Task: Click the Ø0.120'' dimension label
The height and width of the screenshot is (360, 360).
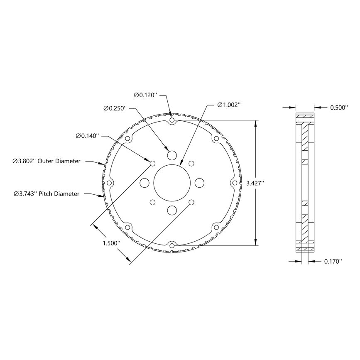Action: (x=145, y=95)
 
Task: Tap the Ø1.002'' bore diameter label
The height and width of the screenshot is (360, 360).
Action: (x=229, y=105)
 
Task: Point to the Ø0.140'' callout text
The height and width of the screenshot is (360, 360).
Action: (x=87, y=136)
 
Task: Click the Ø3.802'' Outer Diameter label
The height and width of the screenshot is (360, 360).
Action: (x=47, y=161)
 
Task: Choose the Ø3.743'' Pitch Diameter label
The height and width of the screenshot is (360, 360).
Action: (x=46, y=193)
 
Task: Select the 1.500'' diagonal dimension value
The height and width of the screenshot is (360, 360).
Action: (x=111, y=243)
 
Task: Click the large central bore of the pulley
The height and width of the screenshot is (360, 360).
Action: (x=172, y=183)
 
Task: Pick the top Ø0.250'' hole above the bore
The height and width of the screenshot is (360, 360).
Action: (x=172, y=155)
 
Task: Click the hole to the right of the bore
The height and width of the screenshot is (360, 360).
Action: (x=199, y=183)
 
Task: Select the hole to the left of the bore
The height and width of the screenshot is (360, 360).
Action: (x=144, y=183)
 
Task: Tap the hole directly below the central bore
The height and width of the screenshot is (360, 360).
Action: (x=172, y=210)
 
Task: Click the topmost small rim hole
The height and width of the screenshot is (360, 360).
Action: (x=172, y=120)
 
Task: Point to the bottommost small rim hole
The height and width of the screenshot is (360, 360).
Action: (x=172, y=246)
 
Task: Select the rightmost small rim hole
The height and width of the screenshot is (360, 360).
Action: (x=234, y=183)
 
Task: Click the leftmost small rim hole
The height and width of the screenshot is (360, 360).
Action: (x=110, y=183)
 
